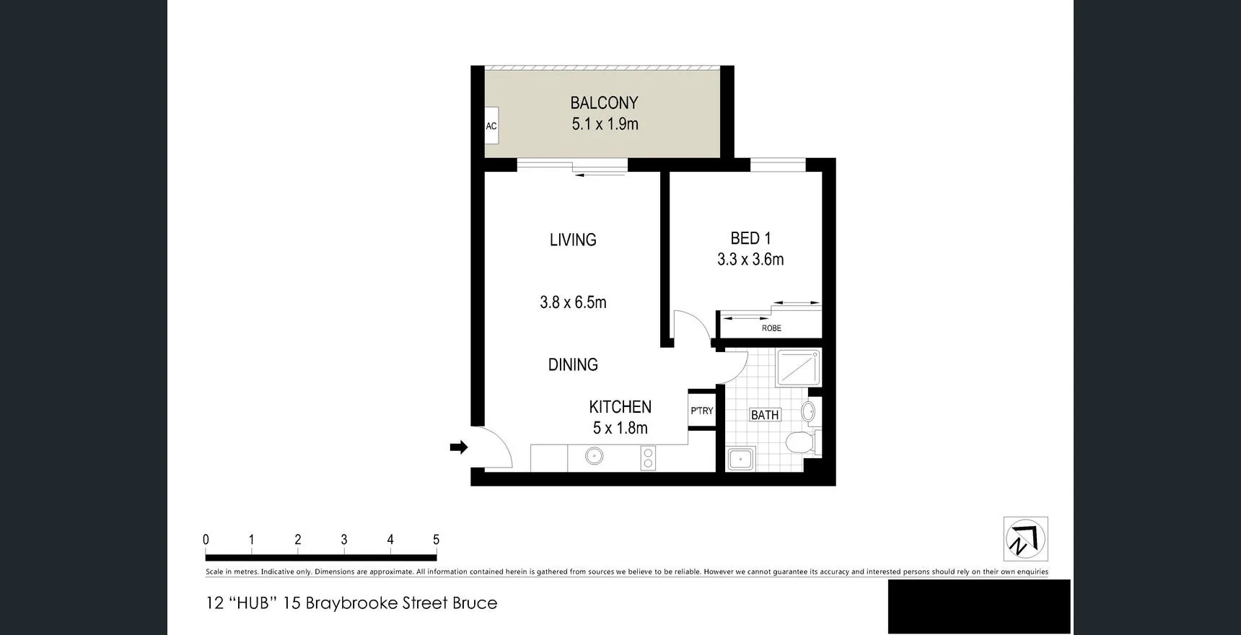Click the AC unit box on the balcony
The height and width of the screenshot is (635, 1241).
[491, 126]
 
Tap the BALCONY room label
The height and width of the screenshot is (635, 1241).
[604, 103]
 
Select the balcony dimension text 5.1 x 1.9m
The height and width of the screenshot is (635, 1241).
[605, 124]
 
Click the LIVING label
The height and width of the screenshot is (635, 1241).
[573, 240]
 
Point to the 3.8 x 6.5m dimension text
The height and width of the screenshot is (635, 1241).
[573, 302]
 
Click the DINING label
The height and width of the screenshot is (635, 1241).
[573, 364]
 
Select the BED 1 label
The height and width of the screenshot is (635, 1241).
[750, 238]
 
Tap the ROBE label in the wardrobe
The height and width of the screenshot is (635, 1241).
[771, 328]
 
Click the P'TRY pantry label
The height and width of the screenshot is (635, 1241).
[701, 411]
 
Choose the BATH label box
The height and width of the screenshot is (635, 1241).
[765, 415]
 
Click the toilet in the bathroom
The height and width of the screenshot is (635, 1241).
[799, 442]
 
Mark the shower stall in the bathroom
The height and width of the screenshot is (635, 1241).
[798, 367]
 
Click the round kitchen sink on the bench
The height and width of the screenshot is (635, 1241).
[594, 456]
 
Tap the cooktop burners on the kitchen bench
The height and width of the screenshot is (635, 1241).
[648, 458]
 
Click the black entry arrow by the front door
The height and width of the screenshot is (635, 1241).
[459, 447]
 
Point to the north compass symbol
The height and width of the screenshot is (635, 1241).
[1025, 539]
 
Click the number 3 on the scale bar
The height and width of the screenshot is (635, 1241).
[344, 540]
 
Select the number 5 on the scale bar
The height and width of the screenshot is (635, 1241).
[436, 540]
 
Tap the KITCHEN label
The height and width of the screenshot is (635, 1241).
[620, 407]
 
